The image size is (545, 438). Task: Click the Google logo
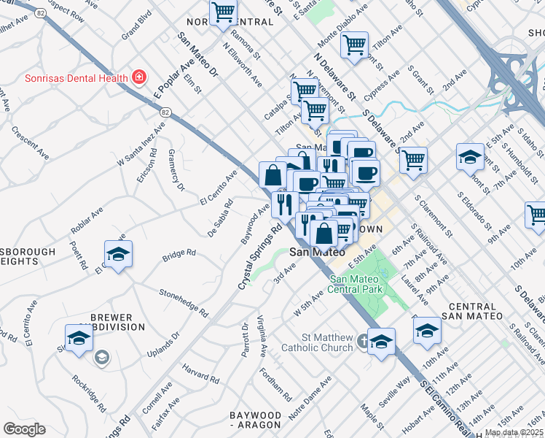point(24,429)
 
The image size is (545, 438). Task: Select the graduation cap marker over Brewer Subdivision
point(78,337)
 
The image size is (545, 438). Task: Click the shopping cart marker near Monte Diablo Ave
point(354,45)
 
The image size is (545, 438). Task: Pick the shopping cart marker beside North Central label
point(223,12)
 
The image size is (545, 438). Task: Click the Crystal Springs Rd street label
point(261,255)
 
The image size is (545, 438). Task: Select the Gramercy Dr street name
point(176,169)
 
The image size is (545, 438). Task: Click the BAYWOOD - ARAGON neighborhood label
point(255,419)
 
